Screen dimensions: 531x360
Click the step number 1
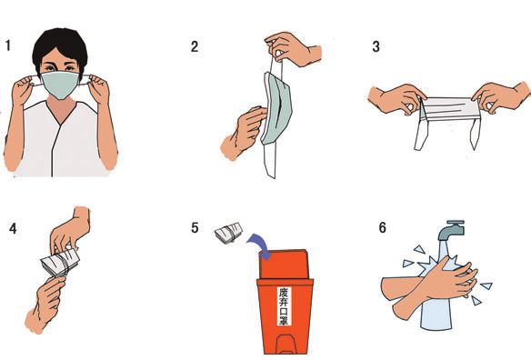pos(8,45)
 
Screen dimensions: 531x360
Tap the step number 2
pos(195,46)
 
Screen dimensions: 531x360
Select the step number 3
pos(376,46)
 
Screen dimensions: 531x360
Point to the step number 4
pos(13,228)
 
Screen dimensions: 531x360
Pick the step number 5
pos(195,227)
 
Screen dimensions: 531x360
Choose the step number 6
pos(382,227)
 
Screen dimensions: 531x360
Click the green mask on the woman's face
pos(60,85)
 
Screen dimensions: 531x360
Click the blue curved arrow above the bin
pos(259,245)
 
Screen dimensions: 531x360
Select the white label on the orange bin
pos(284,306)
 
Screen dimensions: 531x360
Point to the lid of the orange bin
pos(285,265)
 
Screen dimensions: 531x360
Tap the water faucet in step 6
pos(451,230)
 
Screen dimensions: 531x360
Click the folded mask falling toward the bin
pos(229,233)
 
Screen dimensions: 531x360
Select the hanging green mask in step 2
pos(276,108)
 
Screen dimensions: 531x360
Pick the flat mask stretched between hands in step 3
pos(448,109)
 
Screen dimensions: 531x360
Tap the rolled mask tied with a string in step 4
pos(60,263)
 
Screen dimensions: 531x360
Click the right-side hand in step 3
pos(501,96)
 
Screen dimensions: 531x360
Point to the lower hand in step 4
pos(45,304)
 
